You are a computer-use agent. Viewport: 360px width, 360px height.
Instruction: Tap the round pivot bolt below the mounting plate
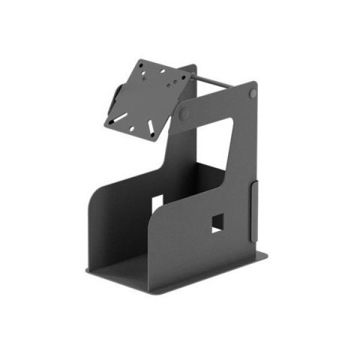[184, 113]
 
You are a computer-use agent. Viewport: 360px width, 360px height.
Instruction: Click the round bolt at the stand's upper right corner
[253, 94]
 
